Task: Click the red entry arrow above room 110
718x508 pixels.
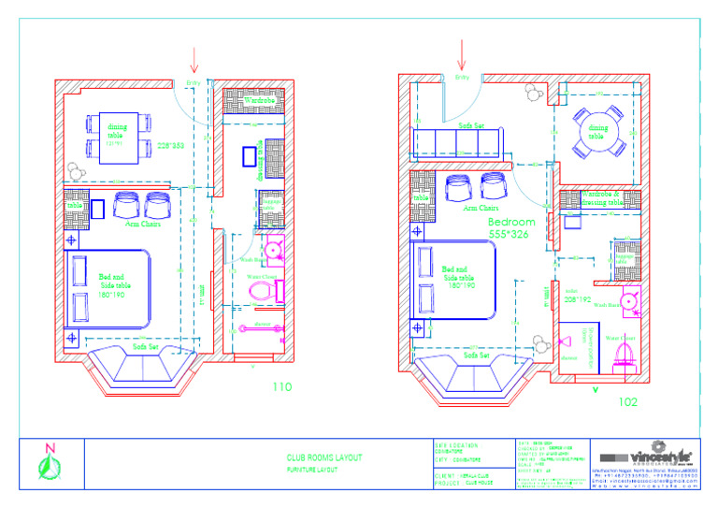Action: coord(194,59)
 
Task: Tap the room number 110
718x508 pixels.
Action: coord(282,386)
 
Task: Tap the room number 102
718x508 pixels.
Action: coord(628,402)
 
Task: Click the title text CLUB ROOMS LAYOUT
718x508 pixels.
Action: coord(324,457)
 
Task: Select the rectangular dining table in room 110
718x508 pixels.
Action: coord(119,137)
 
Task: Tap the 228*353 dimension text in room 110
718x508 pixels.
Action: coord(171,145)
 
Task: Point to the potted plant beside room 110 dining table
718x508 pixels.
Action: coord(75,172)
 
